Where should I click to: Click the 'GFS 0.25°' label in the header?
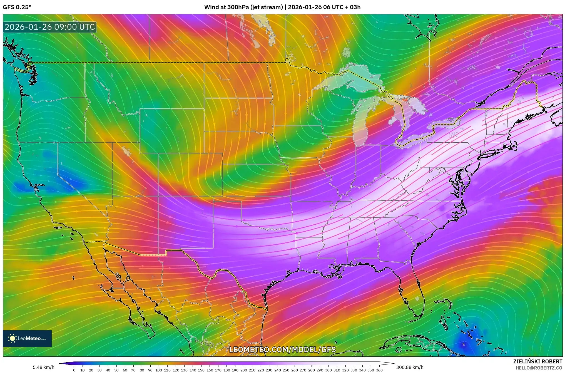click(x=17, y=7)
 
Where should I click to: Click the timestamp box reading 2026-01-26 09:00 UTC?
click(x=50, y=27)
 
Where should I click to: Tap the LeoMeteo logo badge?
click(x=27, y=338)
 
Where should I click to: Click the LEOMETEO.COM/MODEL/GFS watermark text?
click(x=282, y=349)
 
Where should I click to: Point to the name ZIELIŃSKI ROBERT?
click(x=537, y=361)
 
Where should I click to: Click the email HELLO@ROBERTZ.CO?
click(x=539, y=368)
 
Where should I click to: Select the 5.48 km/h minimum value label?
click(x=43, y=367)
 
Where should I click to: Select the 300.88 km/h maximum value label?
click(x=410, y=367)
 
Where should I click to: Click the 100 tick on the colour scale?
click(x=159, y=370)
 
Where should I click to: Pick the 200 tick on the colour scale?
click(x=243, y=370)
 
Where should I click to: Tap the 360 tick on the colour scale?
click(x=379, y=370)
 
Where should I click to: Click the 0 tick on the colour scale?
click(x=74, y=370)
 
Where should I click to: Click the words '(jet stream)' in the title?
click(x=267, y=7)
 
